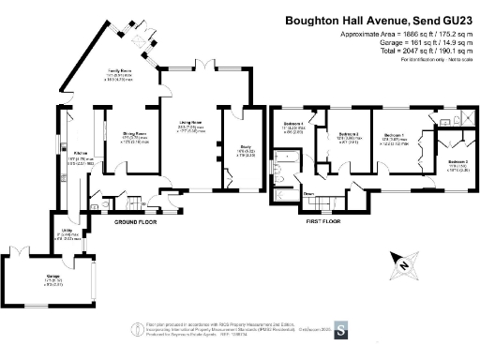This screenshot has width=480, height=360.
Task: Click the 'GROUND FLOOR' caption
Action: click(135, 223)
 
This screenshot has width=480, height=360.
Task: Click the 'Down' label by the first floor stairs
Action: click(307, 194)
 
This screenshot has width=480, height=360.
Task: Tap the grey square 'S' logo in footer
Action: click(341, 330)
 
